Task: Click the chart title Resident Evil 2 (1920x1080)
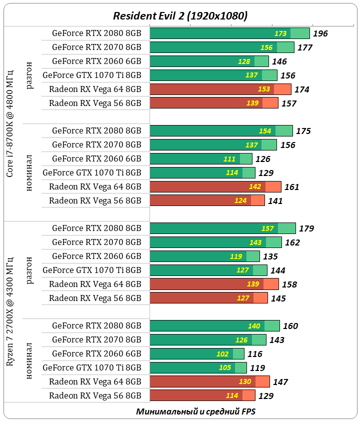[x=180, y=15]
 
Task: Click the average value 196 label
[x=320, y=33]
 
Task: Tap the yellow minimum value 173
[x=280, y=33]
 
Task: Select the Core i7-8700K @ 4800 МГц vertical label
[x=10, y=124]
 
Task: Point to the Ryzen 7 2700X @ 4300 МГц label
[x=10, y=319]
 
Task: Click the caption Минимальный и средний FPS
[x=195, y=411]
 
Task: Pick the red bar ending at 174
[x=220, y=89]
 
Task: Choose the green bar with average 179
[x=222, y=228]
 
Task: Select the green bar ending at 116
[x=197, y=354]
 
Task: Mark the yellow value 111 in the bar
[x=230, y=159]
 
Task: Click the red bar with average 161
[x=215, y=187]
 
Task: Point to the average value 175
[x=303, y=131]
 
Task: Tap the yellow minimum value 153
[x=264, y=89]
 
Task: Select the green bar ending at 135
[x=204, y=256]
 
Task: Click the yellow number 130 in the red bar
[x=245, y=382]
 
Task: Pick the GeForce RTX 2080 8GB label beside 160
[x=96, y=326]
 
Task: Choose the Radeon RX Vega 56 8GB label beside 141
[x=95, y=201]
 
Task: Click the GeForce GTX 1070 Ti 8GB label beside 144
[x=92, y=270]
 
